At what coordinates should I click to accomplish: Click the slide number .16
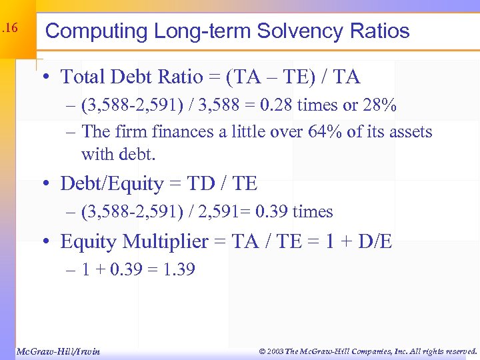pyautogui.click(x=9, y=29)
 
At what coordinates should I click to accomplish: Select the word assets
pyautogui.click(x=410, y=132)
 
